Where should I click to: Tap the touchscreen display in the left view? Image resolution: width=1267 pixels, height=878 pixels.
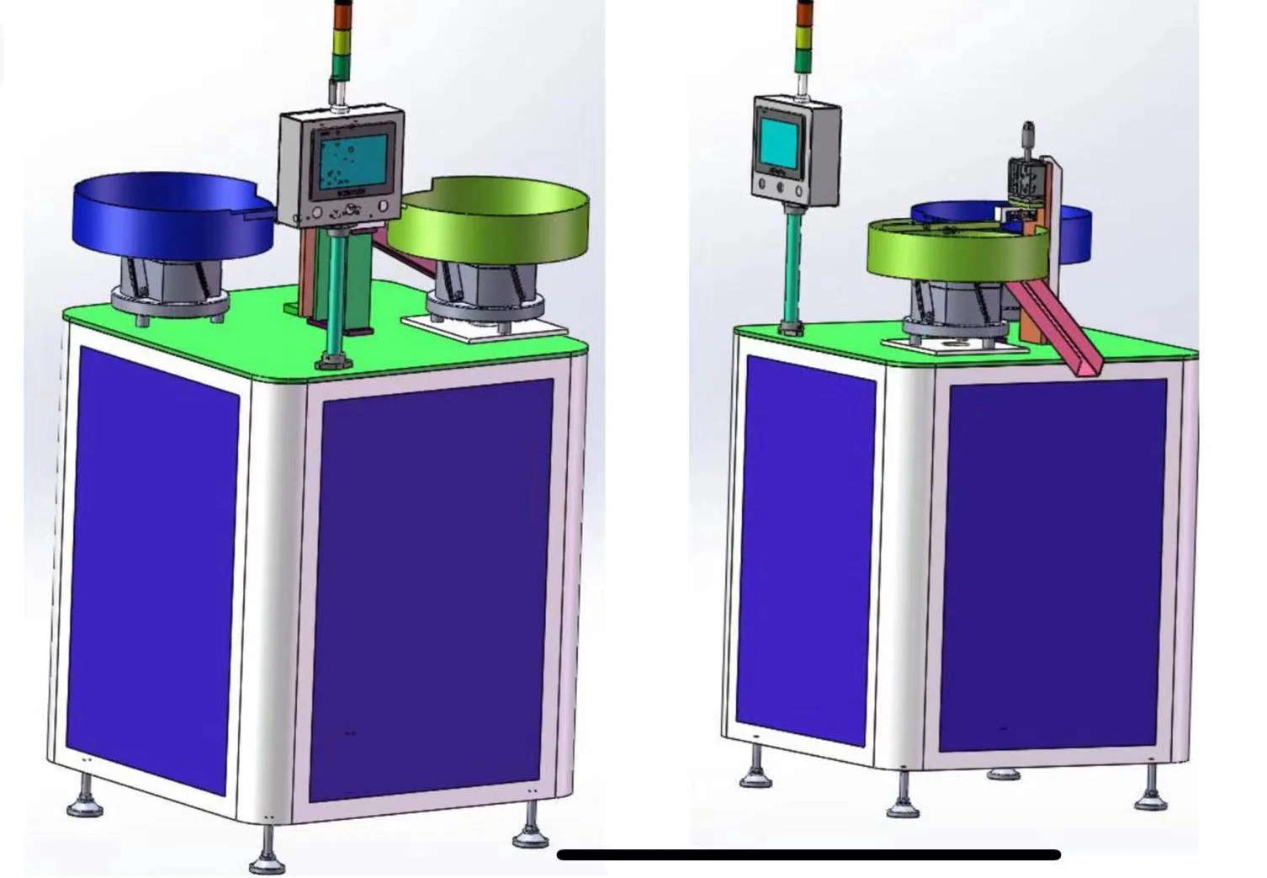click(352, 160)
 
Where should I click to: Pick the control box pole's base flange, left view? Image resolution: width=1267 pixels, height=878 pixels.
click(335, 363)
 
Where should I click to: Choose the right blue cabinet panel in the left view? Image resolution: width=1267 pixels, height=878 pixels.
click(431, 589)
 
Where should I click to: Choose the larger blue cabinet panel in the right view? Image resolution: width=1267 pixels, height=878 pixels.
click(1052, 564)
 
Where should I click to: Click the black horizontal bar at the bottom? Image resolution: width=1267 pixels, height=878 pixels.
click(808, 855)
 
